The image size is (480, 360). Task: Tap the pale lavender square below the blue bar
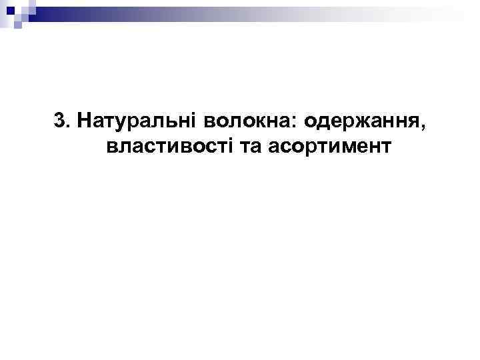point(18,25)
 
